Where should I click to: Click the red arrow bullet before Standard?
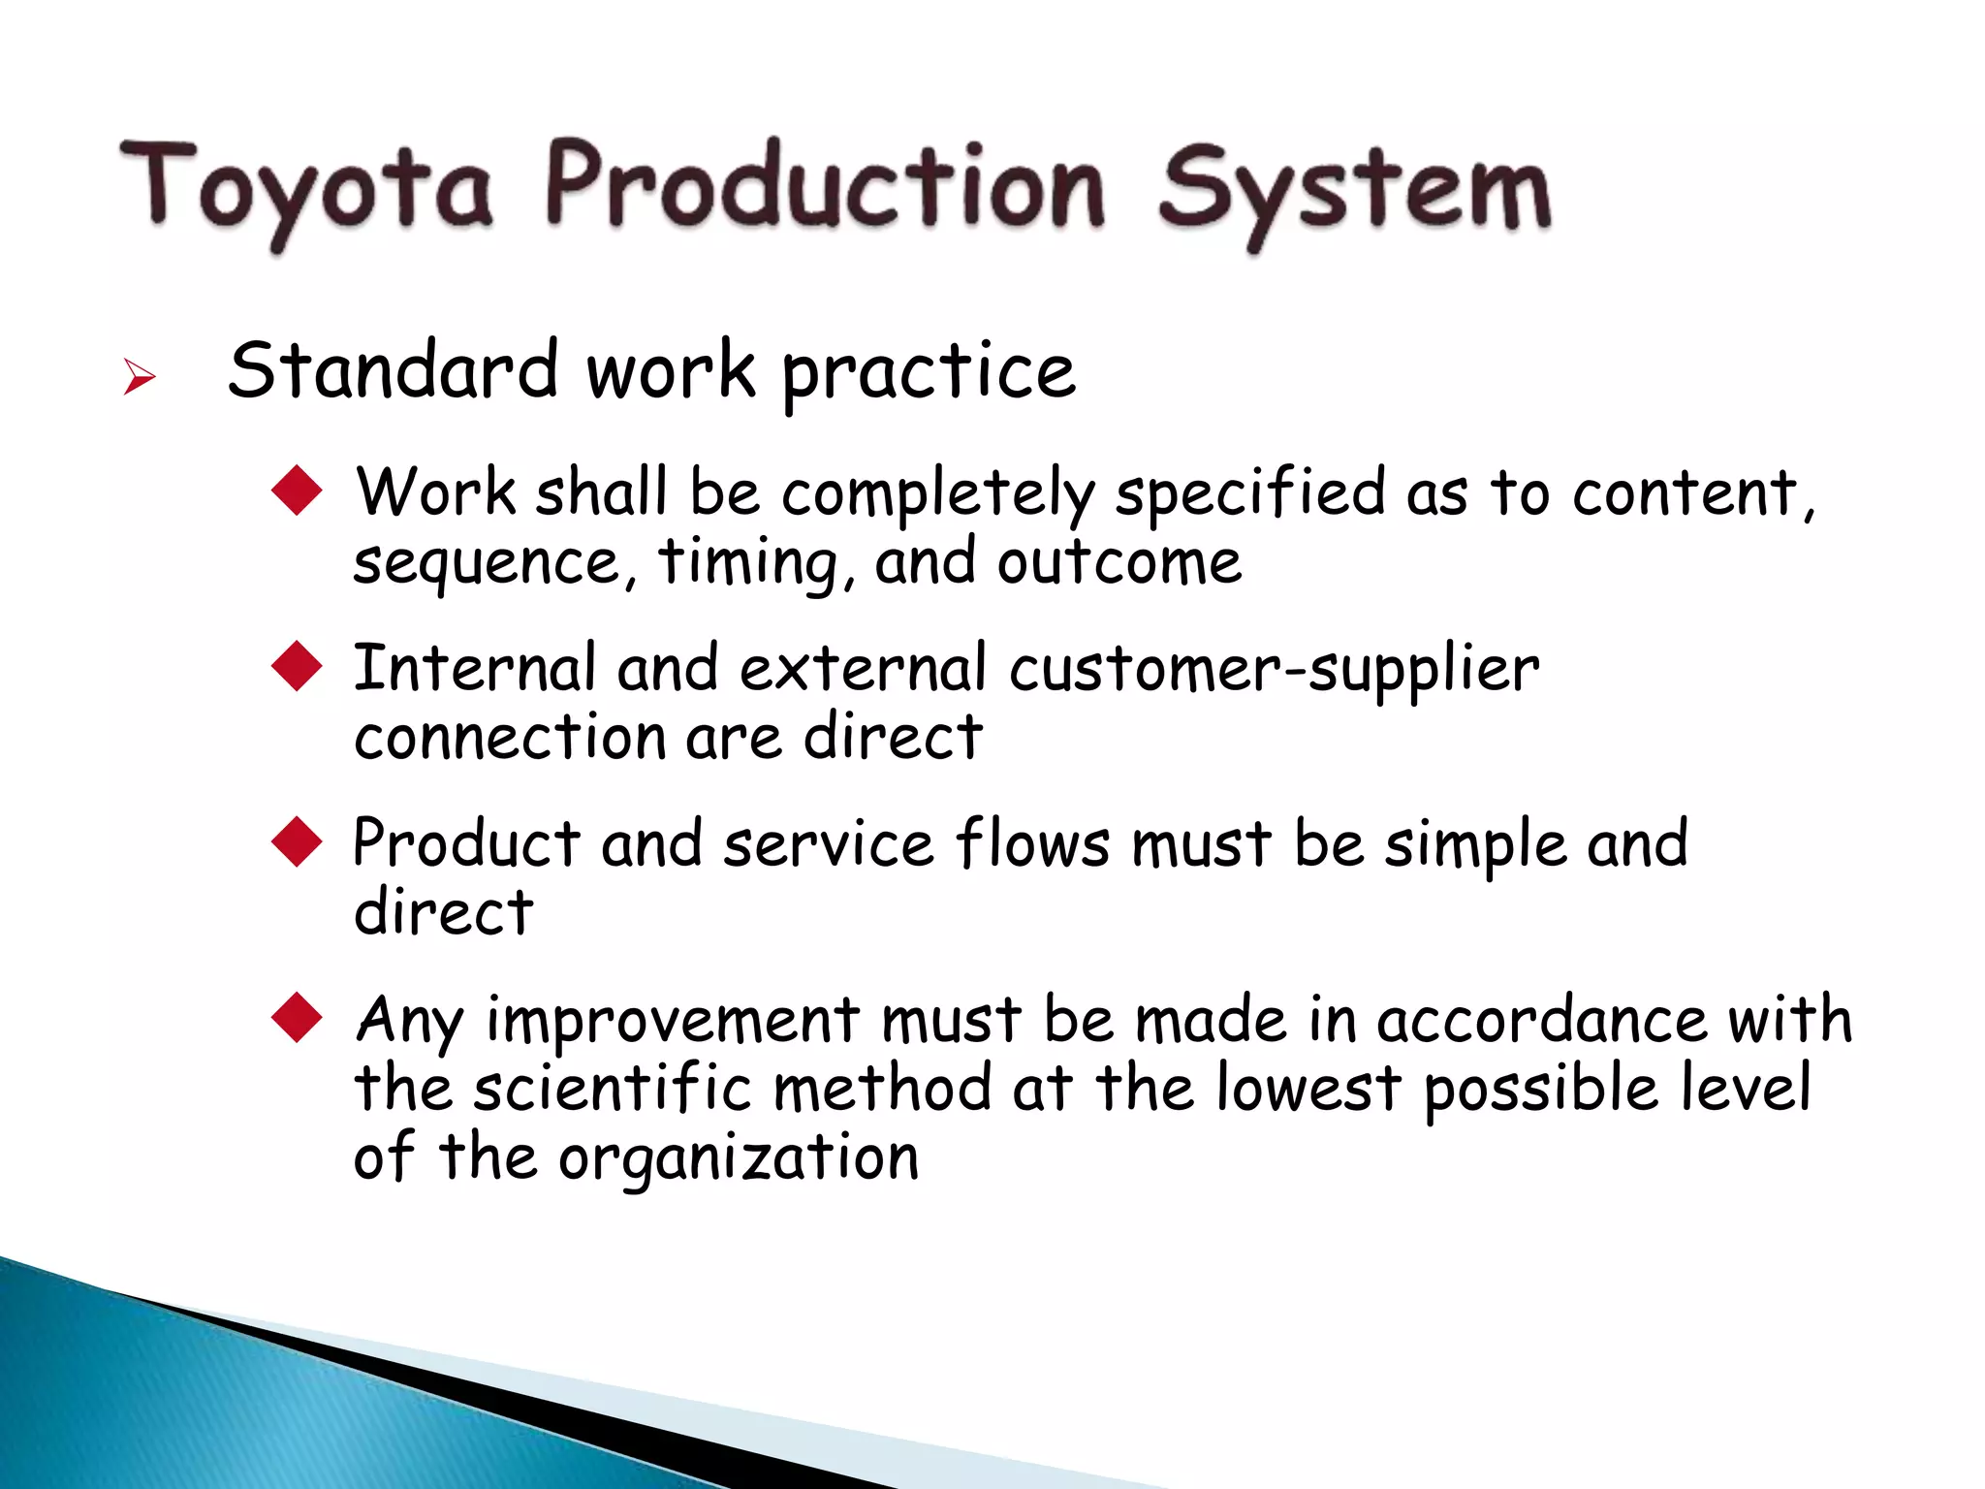(140, 376)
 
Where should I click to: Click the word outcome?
(1119, 562)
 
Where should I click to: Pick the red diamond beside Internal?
(297, 666)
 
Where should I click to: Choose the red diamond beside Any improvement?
(297, 1017)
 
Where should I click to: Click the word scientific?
(612, 1088)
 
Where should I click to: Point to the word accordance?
(1541, 1020)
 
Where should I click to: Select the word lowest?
(1308, 1088)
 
